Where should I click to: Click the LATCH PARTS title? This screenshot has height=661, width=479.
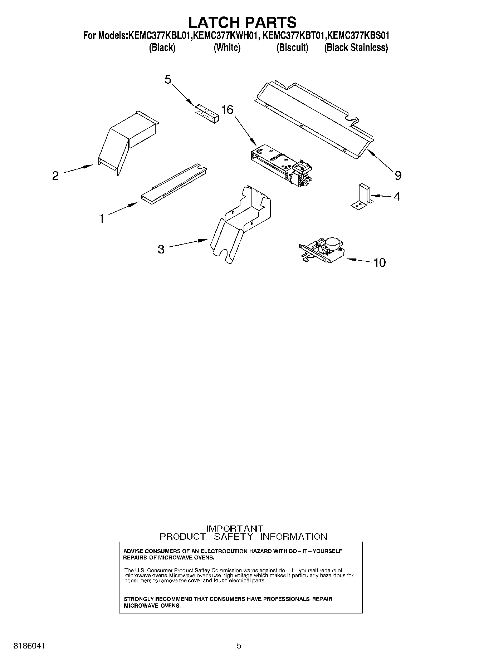click(x=242, y=22)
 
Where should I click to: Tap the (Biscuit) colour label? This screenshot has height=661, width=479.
click(x=292, y=48)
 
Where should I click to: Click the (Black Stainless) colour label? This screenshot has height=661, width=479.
click(x=356, y=48)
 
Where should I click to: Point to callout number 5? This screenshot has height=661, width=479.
click(x=168, y=79)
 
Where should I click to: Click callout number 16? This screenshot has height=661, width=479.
click(x=227, y=110)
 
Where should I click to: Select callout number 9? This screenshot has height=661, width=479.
click(x=398, y=176)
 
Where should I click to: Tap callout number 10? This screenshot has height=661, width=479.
click(x=380, y=263)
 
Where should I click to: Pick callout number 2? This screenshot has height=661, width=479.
click(x=55, y=176)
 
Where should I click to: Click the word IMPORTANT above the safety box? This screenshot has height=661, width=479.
click(x=235, y=528)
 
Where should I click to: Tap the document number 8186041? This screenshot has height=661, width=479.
click(x=29, y=646)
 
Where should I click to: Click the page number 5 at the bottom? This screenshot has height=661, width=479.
click(x=239, y=646)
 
